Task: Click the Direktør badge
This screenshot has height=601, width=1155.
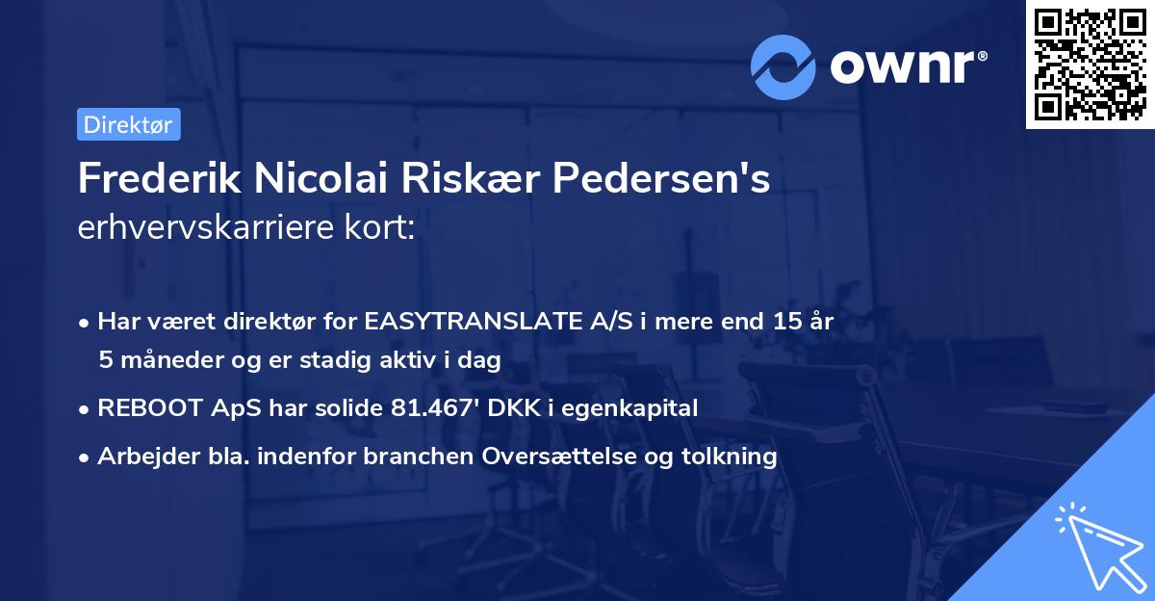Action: pos(128,124)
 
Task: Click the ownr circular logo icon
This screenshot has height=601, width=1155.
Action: pos(783,66)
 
